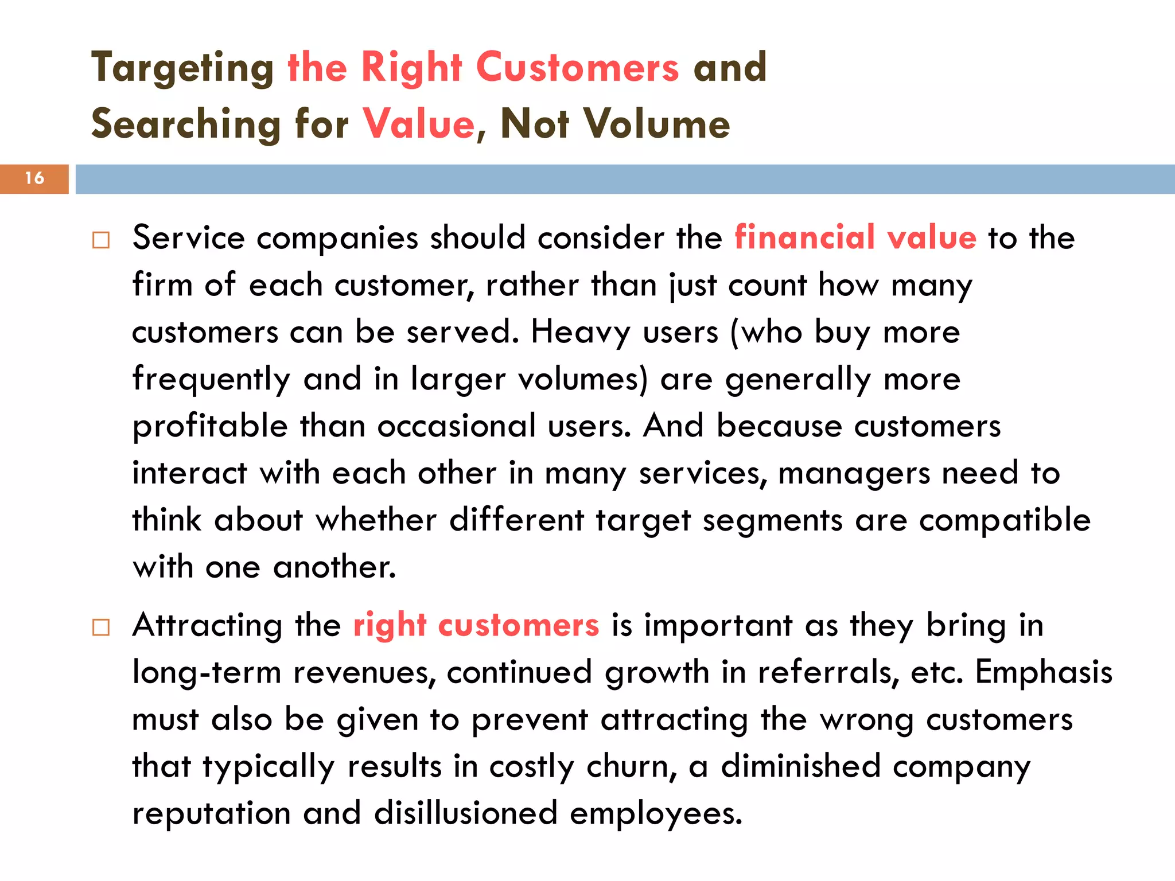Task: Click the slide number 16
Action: [x=34, y=178]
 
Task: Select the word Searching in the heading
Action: [x=186, y=125]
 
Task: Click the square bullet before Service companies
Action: [x=101, y=240]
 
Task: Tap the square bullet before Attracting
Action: [x=101, y=627]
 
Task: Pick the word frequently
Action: [x=211, y=380]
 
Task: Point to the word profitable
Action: [x=210, y=427]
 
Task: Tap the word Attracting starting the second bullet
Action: [x=207, y=626]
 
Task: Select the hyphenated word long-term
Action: [x=207, y=673]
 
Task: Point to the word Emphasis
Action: [x=1044, y=673]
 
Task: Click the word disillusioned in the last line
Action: [x=465, y=813]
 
